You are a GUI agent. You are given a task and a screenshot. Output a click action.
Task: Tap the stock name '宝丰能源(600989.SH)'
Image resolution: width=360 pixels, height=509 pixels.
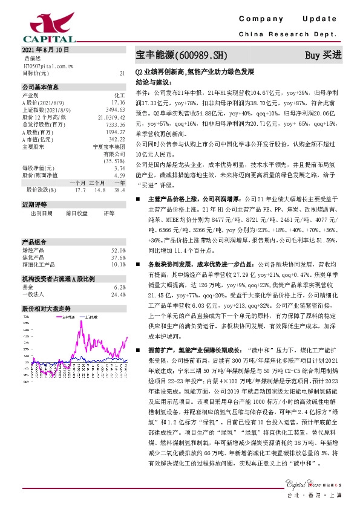(x=182, y=55)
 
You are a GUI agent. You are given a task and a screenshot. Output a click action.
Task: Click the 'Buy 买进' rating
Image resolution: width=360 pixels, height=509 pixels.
(x=323, y=55)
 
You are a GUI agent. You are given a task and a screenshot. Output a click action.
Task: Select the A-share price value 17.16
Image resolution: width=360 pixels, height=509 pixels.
(x=118, y=103)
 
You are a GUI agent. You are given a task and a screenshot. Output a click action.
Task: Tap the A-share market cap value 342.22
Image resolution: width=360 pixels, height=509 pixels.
(x=117, y=138)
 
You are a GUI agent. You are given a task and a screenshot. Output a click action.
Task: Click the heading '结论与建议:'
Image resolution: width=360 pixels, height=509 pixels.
(x=152, y=80)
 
